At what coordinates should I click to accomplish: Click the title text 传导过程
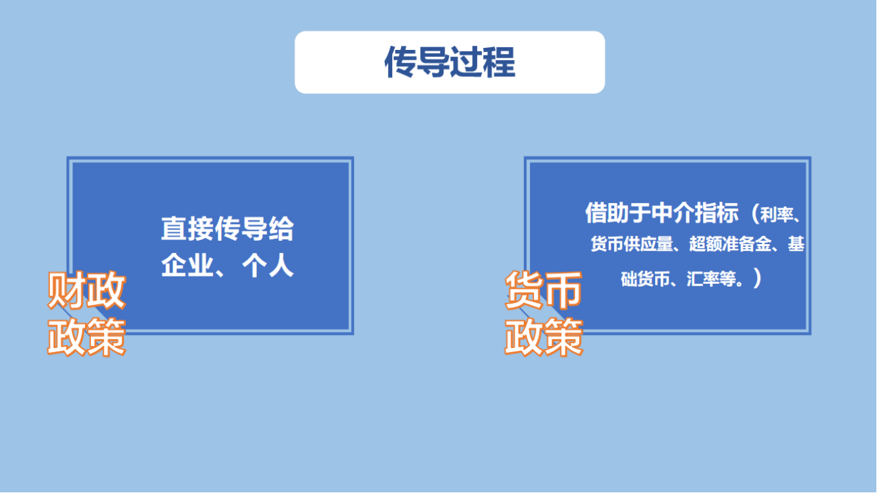click(450, 62)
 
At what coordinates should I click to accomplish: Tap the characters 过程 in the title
click(483, 62)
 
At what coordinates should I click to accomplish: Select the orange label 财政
click(86, 290)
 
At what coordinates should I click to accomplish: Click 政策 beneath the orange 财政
click(86, 337)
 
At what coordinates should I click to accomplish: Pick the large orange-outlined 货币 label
click(544, 290)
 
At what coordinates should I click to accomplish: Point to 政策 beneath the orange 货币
click(544, 337)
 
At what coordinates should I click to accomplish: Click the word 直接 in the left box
click(187, 229)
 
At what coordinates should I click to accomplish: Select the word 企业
click(187, 266)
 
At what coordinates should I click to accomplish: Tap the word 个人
click(268, 266)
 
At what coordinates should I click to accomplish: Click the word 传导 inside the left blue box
click(241, 229)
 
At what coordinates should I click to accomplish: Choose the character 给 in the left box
click(280, 229)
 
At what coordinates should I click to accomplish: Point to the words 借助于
click(618, 213)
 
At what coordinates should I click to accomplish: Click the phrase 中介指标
click(695, 213)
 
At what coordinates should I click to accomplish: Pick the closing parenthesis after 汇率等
click(757, 279)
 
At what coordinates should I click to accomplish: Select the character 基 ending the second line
click(796, 244)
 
